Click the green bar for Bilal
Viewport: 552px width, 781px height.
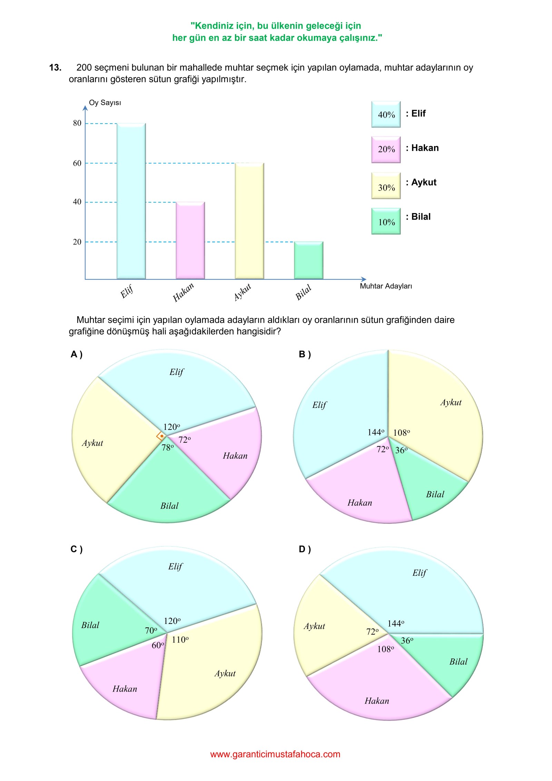click(x=308, y=260)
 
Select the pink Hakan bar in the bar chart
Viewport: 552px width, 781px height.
click(x=190, y=240)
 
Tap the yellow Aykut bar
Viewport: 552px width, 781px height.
click(x=249, y=221)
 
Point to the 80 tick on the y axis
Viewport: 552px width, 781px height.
click(x=77, y=123)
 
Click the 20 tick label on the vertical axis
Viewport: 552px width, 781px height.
click(x=77, y=242)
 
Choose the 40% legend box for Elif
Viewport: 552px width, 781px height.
click(x=386, y=114)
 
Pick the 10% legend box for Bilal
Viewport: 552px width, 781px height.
click(x=386, y=221)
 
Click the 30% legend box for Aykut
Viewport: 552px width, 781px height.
click(x=386, y=186)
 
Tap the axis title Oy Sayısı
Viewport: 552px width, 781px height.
click(x=105, y=103)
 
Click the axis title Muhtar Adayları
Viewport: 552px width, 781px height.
click(x=386, y=286)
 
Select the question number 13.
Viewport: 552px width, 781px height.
click(x=55, y=67)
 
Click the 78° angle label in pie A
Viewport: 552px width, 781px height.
click(x=168, y=447)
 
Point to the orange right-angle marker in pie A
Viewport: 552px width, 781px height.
click(x=160, y=436)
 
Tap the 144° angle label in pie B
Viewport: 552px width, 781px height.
click(x=376, y=432)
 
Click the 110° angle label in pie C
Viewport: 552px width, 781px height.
click(x=180, y=640)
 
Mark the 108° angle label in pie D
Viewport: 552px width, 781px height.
click(x=385, y=649)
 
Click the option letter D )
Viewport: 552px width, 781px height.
click(x=305, y=549)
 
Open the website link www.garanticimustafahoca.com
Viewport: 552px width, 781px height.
click(x=275, y=754)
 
